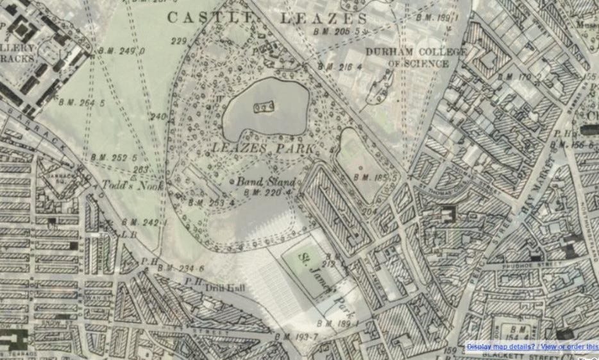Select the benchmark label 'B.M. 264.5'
tap(81, 101)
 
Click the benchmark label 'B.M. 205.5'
tap(337, 31)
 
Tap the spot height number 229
tap(179, 42)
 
